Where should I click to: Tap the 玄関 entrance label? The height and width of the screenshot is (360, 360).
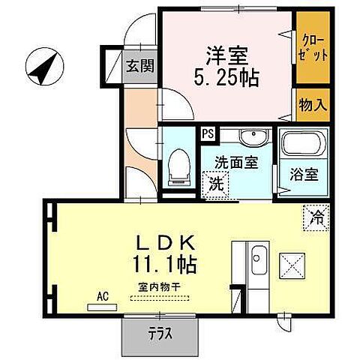[140, 66]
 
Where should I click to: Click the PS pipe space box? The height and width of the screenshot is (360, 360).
[207, 134]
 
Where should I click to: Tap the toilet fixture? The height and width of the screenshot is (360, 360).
[178, 164]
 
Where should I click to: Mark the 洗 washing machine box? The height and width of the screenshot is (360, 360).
[214, 182]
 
